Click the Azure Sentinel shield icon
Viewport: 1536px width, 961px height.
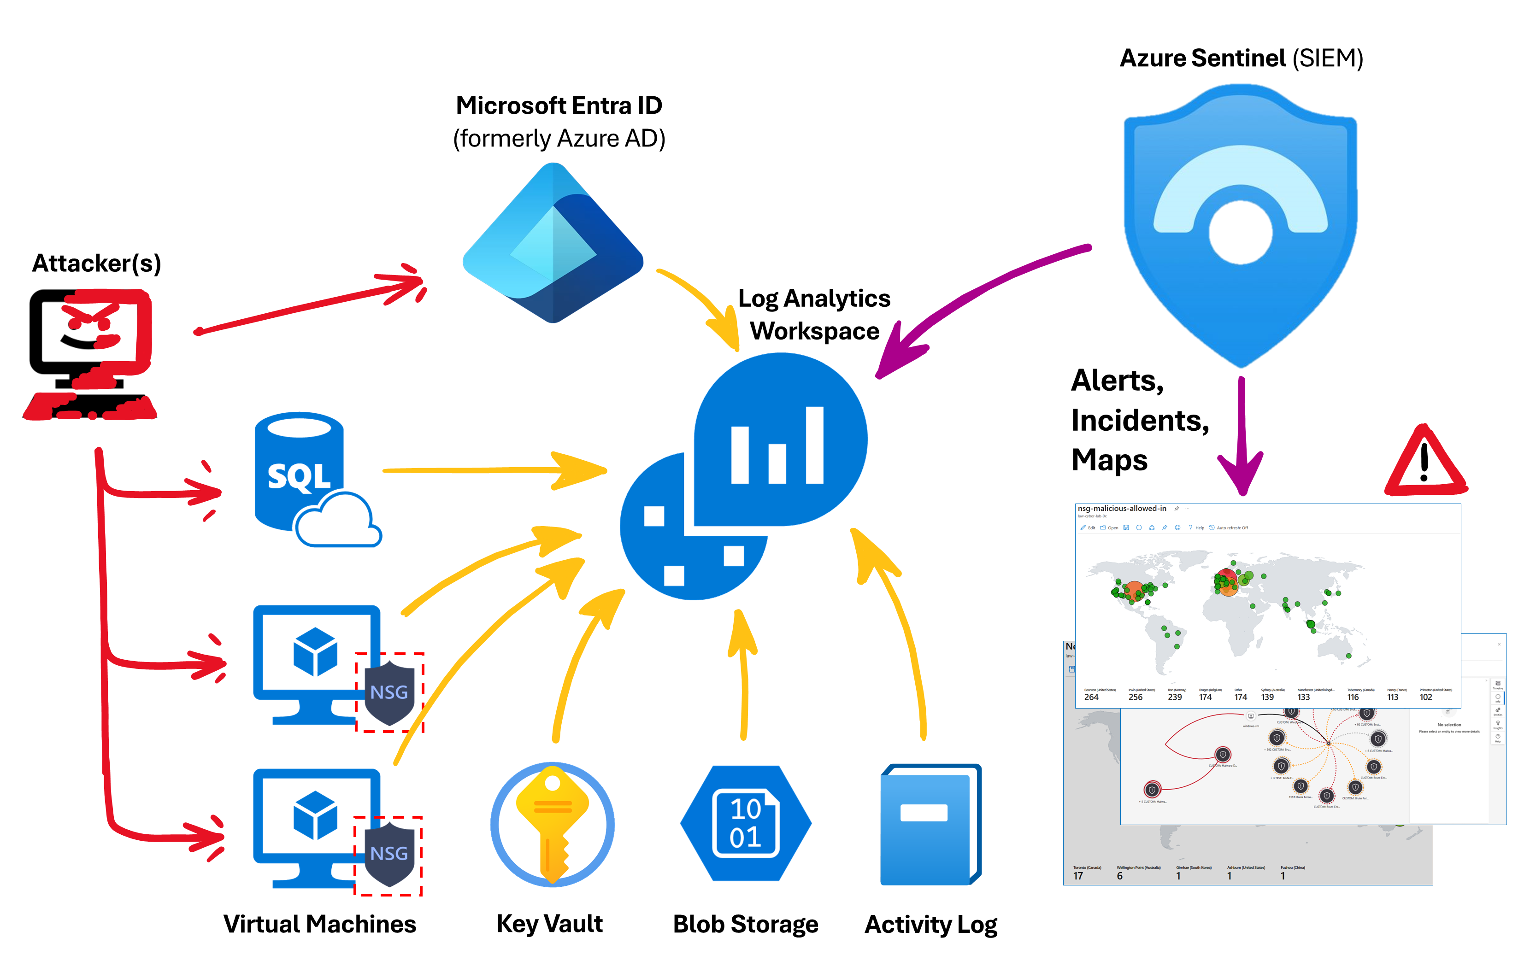[x=1240, y=223]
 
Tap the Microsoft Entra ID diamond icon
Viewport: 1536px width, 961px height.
[x=553, y=245]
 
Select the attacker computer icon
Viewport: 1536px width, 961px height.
[x=90, y=353]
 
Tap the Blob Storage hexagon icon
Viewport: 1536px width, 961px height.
[x=745, y=823]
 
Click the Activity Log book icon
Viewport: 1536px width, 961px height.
[x=930, y=824]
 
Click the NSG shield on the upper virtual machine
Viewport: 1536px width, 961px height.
[x=389, y=692]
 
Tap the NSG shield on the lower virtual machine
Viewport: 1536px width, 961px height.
[x=388, y=854]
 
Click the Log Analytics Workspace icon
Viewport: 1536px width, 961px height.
[x=744, y=477]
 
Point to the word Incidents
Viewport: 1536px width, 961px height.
[x=1139, y=421]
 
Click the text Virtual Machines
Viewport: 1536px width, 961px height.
[x=319, y=924]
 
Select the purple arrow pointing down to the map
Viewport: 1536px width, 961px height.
[x=1241, y=439]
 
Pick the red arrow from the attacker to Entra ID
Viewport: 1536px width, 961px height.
[x=312, y=305]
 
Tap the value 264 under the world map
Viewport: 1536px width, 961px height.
[x=1091, y=697]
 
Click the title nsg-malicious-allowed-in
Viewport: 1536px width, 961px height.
[x=1122, y=509]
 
